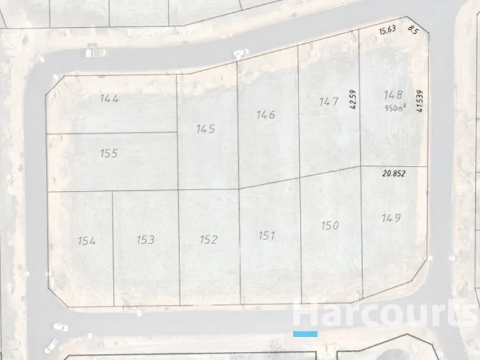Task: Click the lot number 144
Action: [109, 99]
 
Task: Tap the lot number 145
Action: [205, 129]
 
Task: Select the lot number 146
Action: [266, 114]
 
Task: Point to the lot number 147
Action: [328, 102]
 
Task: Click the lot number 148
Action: [393, 95]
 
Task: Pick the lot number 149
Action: [391, 217]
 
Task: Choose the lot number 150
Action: [330, 225]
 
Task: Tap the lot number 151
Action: [267, 235]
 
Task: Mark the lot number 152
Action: [209, 239]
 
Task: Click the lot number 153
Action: [146, 239]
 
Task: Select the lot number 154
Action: [87, 240]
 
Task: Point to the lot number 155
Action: [108, 154]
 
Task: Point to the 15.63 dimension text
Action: [387, 30]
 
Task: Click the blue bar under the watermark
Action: [305, 334]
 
